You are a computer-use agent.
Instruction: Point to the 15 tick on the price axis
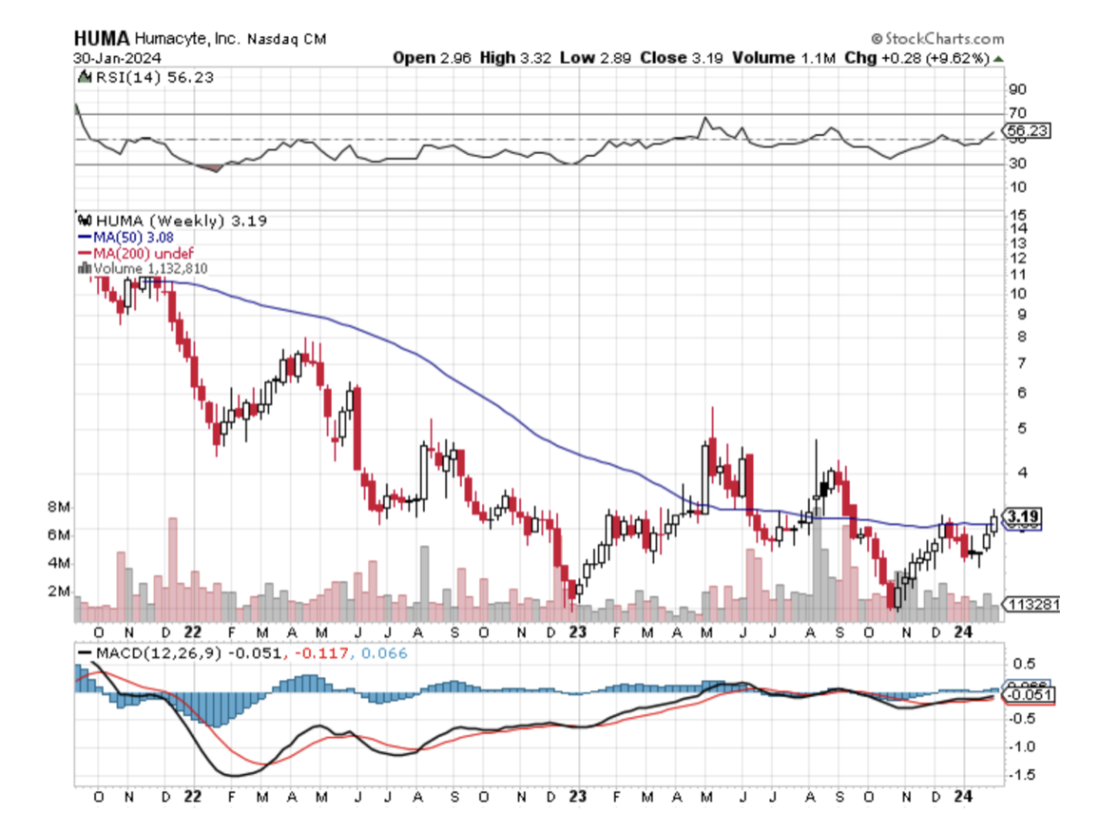click(1019, 214)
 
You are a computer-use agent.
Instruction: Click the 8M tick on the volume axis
click(61, 507)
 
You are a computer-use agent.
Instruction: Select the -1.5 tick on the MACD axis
click(1023, 774)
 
